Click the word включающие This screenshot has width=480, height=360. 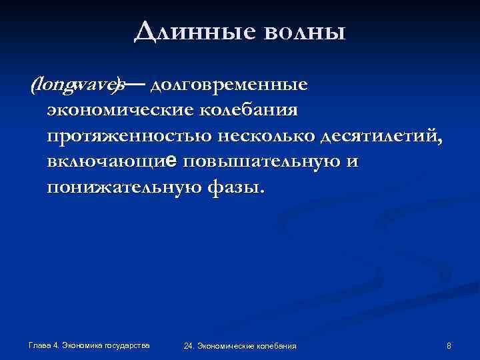pos(113,162)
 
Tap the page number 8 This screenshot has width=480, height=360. pos(449,345)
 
